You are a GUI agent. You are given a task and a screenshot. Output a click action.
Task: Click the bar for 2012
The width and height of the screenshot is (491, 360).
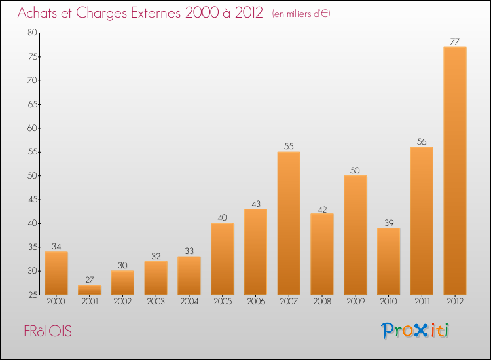(455, 171)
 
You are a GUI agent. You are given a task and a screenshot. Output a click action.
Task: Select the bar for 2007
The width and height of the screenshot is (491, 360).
(289, 223)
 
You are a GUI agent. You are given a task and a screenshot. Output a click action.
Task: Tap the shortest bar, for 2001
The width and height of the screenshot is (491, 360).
(89, 289)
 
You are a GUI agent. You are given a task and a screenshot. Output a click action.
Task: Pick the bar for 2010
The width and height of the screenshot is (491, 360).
(388, 261)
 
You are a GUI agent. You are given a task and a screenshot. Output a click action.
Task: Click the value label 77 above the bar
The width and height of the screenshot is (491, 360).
(455, 42)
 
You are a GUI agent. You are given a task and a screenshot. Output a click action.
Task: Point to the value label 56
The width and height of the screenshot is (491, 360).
(422, 141)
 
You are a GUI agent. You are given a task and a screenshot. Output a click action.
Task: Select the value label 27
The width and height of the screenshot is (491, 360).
(89, 279)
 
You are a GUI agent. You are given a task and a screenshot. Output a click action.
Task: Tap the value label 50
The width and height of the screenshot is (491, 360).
(355, 170)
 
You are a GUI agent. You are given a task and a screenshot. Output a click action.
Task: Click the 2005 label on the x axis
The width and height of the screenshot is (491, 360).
(222, 301)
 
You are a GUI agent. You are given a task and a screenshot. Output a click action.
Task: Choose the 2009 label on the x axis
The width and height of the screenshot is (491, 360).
(355, 301)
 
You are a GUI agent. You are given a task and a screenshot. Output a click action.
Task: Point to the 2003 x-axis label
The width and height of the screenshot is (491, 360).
(155, 301)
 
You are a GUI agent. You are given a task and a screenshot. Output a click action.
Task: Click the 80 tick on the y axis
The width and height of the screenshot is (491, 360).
(31, 33)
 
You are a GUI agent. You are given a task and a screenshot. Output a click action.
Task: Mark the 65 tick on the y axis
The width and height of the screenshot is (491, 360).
(31, 104)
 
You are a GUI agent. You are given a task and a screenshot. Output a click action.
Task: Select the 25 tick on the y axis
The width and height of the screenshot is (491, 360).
(31, 295)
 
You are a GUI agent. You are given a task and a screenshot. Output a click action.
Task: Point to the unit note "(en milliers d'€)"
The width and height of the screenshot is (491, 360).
(300, 14)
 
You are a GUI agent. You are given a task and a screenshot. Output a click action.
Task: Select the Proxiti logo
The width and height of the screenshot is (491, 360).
(416, 331)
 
